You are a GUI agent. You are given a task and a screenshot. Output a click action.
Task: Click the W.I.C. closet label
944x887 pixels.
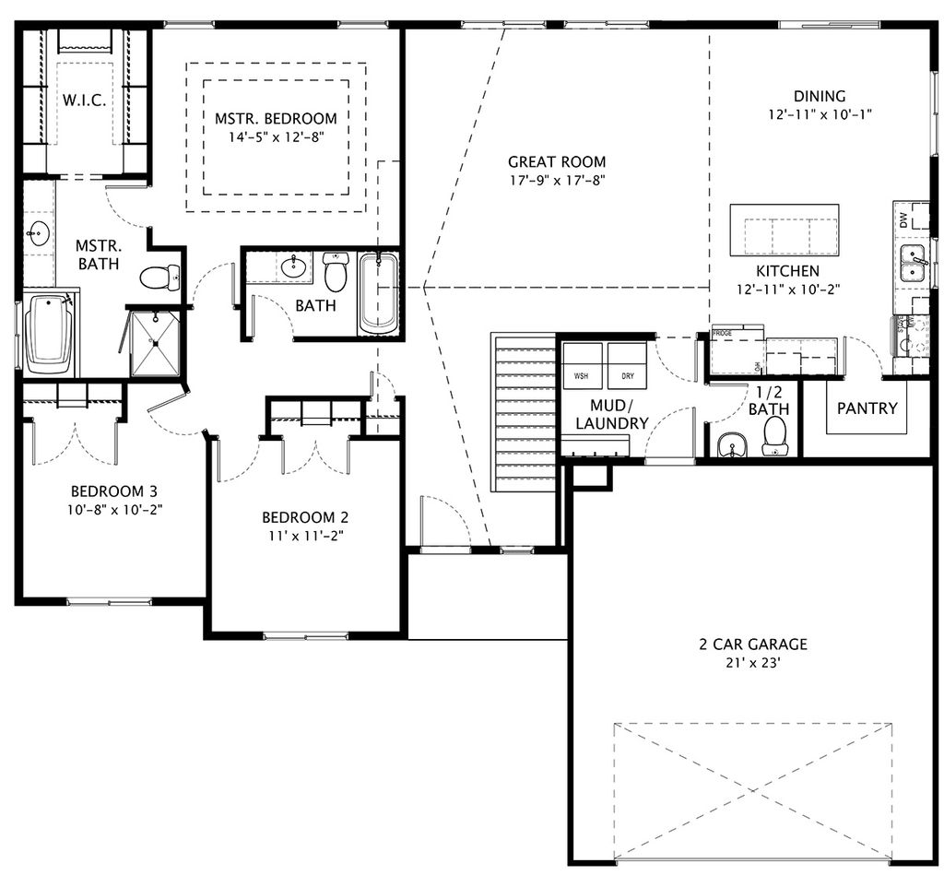pyautogui.click(x=85, y=100)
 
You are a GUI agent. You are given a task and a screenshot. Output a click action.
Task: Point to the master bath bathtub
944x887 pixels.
pyautogui.click(x=48, y=334)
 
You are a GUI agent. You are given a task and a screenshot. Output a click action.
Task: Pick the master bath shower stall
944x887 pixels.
pyautogui.click(x=155, y=344)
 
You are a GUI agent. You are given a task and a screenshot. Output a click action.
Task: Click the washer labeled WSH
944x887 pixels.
pyautogui.click(x=582, y=366)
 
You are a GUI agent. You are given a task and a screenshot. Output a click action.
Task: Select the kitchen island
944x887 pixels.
pyautogui.click(x=784, y=231)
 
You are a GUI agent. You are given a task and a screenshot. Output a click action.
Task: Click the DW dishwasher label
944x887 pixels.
pyautogui.click(x=903, y=219)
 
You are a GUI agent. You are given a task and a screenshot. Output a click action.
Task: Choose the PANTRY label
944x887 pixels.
pyautogui.click(x=867, y=408)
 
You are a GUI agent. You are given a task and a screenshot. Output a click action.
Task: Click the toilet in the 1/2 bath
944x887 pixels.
pyautogui.click(x=774, y=436)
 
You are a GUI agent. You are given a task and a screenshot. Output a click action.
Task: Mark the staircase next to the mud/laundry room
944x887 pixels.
pyautogui.click(x=524, y=415)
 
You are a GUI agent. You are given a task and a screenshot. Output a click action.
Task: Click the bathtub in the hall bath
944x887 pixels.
pyautogui.click(x=378, y=293)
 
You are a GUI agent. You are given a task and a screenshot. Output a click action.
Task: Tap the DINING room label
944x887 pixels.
pyautogui.click(x=820, y=96)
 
